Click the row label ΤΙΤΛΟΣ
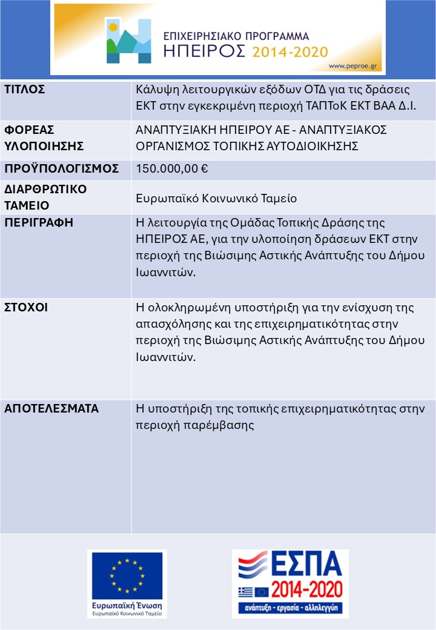coord(25,90)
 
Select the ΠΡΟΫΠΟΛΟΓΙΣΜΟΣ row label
coord(61,169)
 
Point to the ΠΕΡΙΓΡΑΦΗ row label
coord(39,222)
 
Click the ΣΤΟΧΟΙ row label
coord(26,307)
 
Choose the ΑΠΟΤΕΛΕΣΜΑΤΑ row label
coord(51,408)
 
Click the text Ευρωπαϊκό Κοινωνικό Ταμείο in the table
coord(216,198)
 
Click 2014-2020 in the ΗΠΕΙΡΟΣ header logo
coord(290,51)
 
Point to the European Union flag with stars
coord(127,575)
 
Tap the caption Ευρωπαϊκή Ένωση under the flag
coord(127,605)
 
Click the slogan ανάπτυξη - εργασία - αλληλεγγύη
coord(290,607)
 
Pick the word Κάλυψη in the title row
coord(154,90)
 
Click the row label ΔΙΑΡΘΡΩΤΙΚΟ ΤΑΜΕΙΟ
coord(45,197)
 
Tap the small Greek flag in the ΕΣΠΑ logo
coord(246,592)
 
